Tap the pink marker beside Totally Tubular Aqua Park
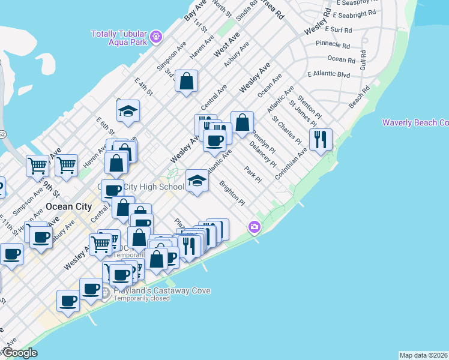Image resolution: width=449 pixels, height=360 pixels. pos(157,37)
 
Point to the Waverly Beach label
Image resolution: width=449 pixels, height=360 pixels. pos(415,123)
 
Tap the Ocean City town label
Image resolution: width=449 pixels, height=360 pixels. pos(69,206)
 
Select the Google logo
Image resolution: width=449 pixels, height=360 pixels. pos(20,353)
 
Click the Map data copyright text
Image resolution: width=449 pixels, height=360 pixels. pos(423,355)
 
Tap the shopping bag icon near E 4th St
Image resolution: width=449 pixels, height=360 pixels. pos(187,82)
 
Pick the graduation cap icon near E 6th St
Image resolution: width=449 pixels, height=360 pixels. pos(128,110)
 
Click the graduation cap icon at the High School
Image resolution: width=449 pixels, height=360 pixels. pos(197,181)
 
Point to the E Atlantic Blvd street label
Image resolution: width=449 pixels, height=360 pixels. pos(328,74)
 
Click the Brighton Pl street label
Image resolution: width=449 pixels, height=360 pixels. pos(232,193)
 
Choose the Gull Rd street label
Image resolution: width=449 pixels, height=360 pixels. pos(363,61)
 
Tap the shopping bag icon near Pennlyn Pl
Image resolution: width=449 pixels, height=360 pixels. pos(242,123)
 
